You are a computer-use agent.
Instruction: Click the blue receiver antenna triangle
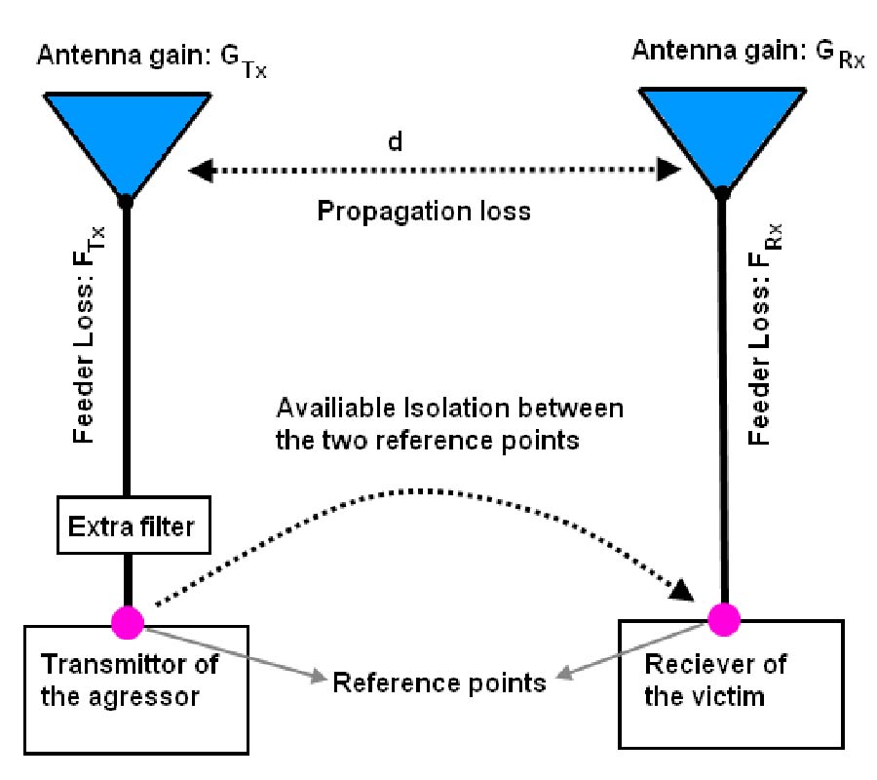(x=720, y=127)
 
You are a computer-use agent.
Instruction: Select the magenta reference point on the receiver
(x=722, y=616)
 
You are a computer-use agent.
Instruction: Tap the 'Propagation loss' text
(x=425, y=211)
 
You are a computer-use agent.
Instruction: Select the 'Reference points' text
(x=439, y=682)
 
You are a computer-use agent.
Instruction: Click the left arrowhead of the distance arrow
(x=199, y=172)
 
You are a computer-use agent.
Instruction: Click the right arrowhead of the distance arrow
(x=668, y=172)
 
